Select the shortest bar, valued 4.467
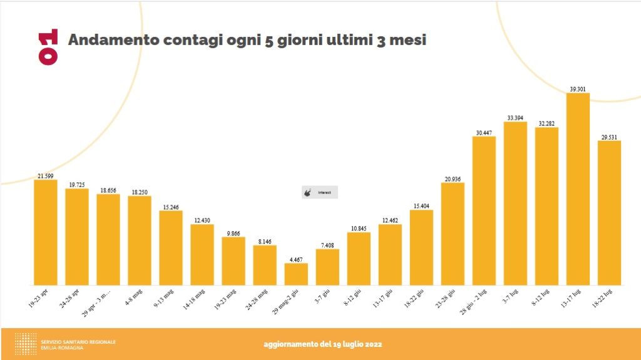[x=296, y=274]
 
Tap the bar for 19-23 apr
[x=46, y=232]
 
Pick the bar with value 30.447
[x=484, y=210]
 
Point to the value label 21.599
[x=46, y=176]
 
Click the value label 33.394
[x=515, y=117]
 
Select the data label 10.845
[x=359, y=228]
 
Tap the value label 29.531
[x=609, y=136]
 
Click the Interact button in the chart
[x=320, y=192]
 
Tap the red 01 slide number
[x=48, y=46]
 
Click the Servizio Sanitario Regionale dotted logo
[x=25, y=344]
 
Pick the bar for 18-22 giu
[x=421, y=247]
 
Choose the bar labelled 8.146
[x=265, y=265]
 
